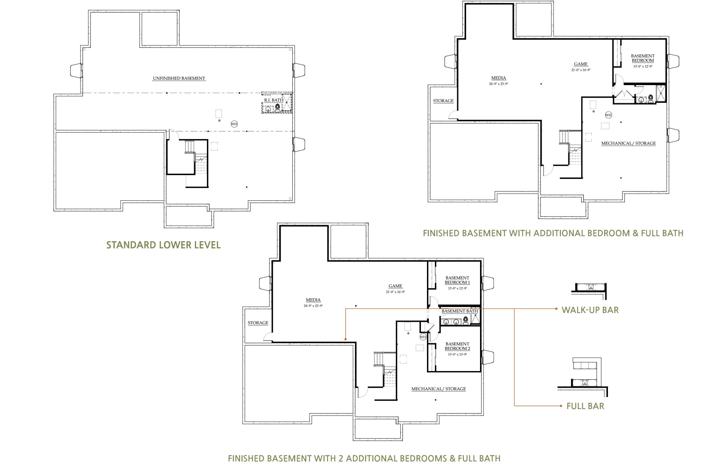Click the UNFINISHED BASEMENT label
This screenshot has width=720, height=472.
click(x=179, y=78)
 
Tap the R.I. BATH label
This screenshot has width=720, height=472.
click(x=273, y=100)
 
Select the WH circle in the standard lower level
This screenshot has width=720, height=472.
click(x=234, y=124)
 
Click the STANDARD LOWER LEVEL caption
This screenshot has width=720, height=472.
click(x=163, y=245)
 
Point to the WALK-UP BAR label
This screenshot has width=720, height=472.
click(x=590, y=310)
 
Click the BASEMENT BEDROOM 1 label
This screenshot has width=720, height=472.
click(x=457, y=280)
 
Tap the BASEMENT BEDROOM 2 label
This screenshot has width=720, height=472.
click(x=457, y=346)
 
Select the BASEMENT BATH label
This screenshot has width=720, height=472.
click(x=459, y=311)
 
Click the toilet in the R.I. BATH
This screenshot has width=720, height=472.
click(x=278, y=108)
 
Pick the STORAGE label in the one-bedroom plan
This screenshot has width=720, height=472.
click(x=443, y=101)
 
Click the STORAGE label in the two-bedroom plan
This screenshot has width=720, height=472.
click(x=258, y=323)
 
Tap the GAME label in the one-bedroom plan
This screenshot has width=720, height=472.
click(x=580, y=64)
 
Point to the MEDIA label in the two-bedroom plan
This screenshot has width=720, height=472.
click(x=313, y=300)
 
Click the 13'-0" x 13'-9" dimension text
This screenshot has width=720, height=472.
click(x=457, y=354)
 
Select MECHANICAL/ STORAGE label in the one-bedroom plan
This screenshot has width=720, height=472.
click(x=628, y=144)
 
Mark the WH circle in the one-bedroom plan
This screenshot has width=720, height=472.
click(x=608, y=115)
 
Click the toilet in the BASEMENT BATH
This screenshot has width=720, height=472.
click(x=466, y=321)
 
